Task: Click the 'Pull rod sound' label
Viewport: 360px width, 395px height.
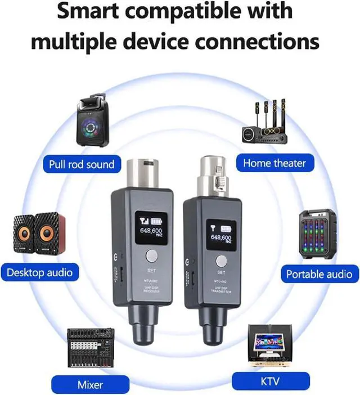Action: point(81,164)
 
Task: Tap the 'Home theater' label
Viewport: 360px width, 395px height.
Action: point(274,164)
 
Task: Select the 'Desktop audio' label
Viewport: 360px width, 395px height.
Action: point(39,273)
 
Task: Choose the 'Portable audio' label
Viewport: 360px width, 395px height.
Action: point(319,274)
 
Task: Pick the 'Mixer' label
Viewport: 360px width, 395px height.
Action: point(89,385)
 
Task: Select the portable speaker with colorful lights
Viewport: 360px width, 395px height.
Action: point(318,236)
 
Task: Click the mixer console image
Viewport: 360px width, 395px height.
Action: point(90,349)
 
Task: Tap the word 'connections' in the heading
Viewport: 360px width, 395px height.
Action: point(256,41)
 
